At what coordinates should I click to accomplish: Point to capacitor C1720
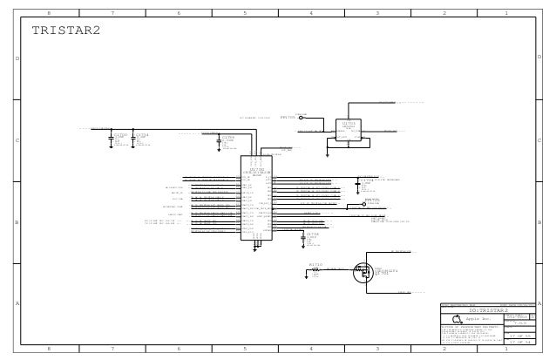click(x=120, y=136)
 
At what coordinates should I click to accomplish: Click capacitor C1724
click(x=142, y=136)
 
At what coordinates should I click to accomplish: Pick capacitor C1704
click(x=228, y=138)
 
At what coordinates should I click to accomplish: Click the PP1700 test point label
click(x=289, y=115)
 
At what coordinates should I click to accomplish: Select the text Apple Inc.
click(x=480, y=320)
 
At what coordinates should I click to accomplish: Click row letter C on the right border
click(x=540, y=139)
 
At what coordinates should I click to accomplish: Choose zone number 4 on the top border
click(x=311, y=14)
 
